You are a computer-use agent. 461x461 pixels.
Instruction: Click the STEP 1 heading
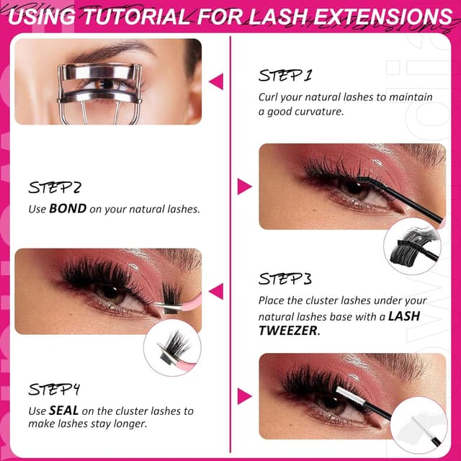point(285,75)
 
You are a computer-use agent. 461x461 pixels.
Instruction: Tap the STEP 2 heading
point(55,188)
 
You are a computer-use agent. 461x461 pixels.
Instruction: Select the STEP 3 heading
point(285,279)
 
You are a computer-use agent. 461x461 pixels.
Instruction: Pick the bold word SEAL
point(63,411)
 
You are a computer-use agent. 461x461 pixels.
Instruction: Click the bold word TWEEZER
point(287,330)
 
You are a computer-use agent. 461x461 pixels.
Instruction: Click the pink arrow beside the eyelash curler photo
point(215,81)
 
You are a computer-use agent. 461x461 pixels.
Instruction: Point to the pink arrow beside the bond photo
point(244,187)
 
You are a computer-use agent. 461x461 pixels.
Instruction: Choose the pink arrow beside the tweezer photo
point(215,291)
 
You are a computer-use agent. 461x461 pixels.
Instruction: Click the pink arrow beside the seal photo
point(244,395)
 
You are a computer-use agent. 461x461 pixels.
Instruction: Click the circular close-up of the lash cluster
point(172,346)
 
